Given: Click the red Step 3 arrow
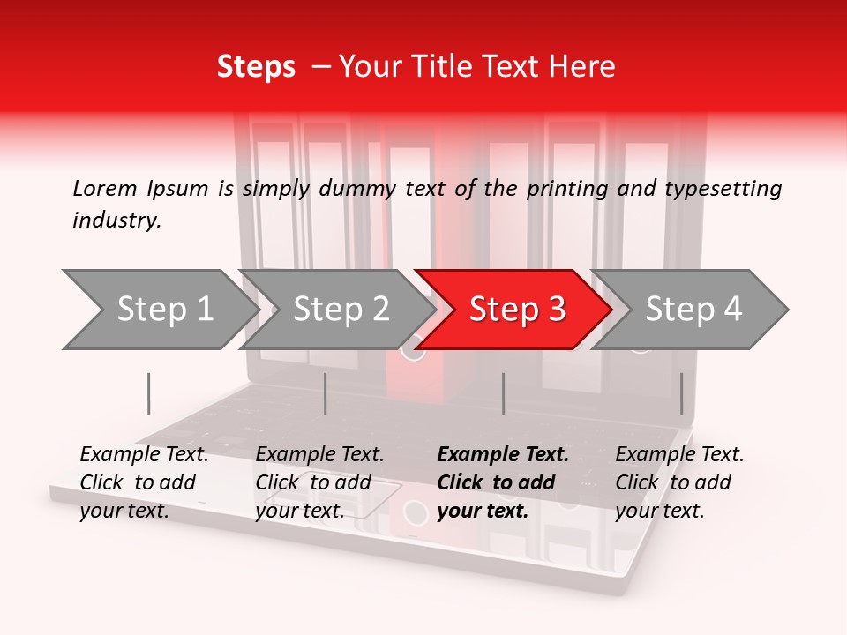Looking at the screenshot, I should (x=516, y=310).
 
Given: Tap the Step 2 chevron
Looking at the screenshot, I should (x=341, y=310).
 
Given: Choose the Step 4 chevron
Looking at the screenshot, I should (x=693, y=310).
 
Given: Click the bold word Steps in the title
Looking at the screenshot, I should (x=256, y=67).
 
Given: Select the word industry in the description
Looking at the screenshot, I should (x=115, y=220).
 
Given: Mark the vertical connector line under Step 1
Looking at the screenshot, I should (x=149, y=393).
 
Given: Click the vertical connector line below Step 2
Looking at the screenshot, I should (x=326, y=393).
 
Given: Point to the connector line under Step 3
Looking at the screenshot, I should (x=503, y=393).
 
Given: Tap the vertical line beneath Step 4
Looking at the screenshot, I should (x=681, y=393).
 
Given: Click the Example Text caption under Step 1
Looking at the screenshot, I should (x=144, y=482).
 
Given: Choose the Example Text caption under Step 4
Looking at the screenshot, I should (x=679, y=482).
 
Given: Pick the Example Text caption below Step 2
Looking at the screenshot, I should (x=319, y=482).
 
